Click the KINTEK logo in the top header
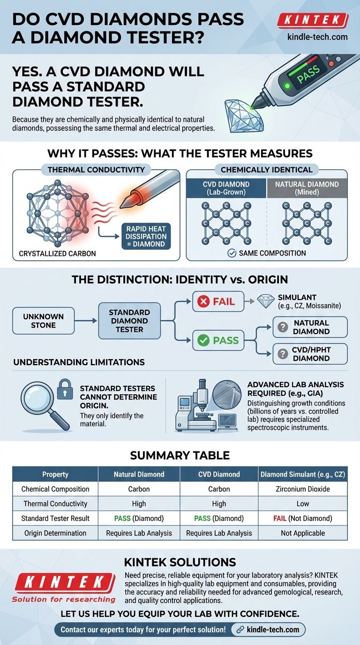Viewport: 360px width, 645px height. (x=313, y=20)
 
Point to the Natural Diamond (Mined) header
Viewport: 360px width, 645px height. (x=307, y=188)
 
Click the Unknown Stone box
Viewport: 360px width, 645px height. (x=43, y=321)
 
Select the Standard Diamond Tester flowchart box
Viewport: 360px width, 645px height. (x=129, y=321)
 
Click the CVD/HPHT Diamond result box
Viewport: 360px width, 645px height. (x=310, y=354)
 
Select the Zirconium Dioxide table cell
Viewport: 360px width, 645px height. (x=302, y=489)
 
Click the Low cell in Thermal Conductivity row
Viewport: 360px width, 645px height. (x=302, y=503)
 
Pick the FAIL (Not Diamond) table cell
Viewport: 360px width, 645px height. (x=302, y=518)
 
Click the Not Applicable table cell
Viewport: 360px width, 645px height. (x=302, y=533)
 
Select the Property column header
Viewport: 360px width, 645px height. (x=55, y=474)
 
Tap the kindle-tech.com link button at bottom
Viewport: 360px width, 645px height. (x=268, y=629)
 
